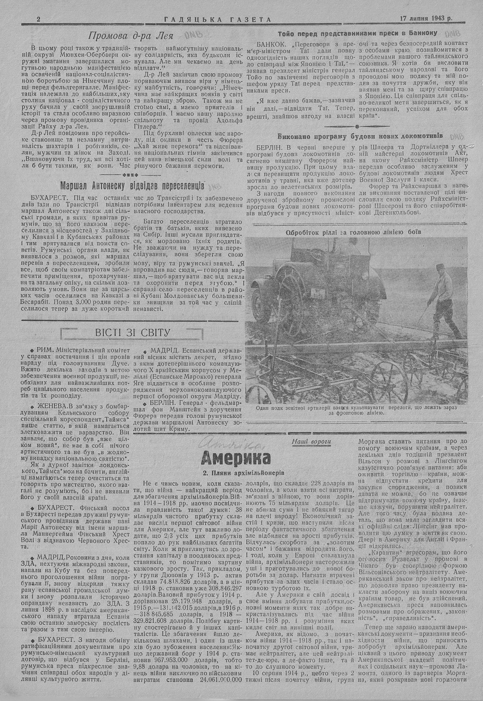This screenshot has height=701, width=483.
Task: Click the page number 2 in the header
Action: pyautogui.click(x=38, y=19)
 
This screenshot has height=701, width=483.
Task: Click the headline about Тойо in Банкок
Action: pyautogui.click(x=358, y=33)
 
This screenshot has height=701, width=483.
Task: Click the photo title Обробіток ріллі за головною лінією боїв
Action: pyautogui.click(x=354, y=231)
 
